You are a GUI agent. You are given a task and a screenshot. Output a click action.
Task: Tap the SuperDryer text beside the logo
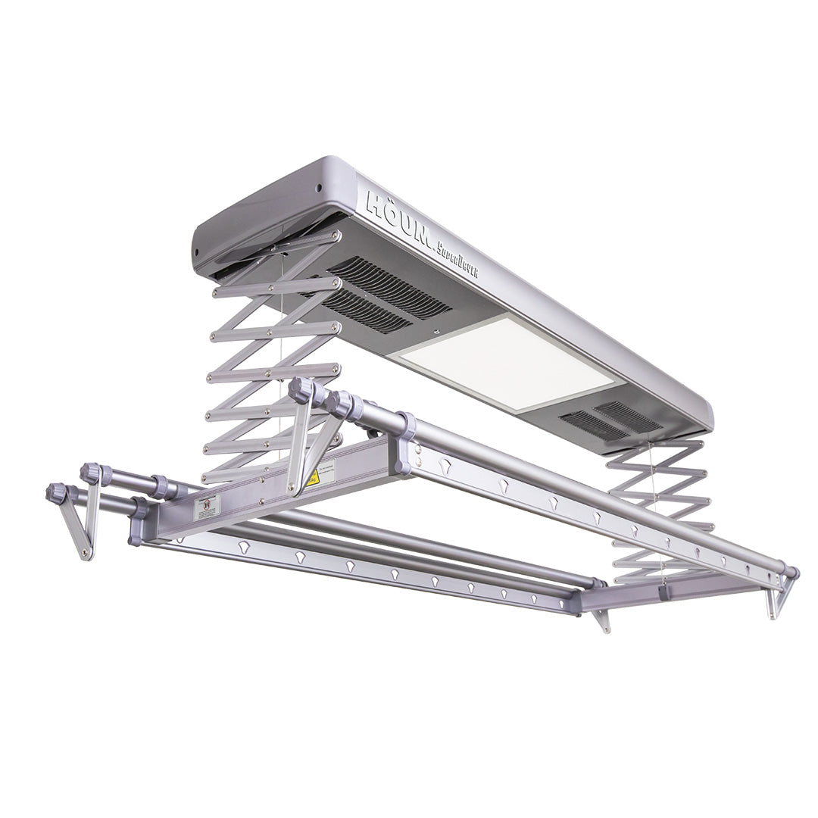[457, 261]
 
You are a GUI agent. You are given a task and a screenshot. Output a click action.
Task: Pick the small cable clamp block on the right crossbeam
[664, 591]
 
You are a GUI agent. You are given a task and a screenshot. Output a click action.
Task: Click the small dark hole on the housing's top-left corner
[319, 189]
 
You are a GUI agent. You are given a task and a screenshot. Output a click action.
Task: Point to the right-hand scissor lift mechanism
[659, 507]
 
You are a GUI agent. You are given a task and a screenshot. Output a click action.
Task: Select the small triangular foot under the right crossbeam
[602, 619]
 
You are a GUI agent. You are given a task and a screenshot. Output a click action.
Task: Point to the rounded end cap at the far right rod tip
[791, 573]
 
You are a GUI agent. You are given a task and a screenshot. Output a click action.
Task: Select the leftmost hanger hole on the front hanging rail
[243, 545]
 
